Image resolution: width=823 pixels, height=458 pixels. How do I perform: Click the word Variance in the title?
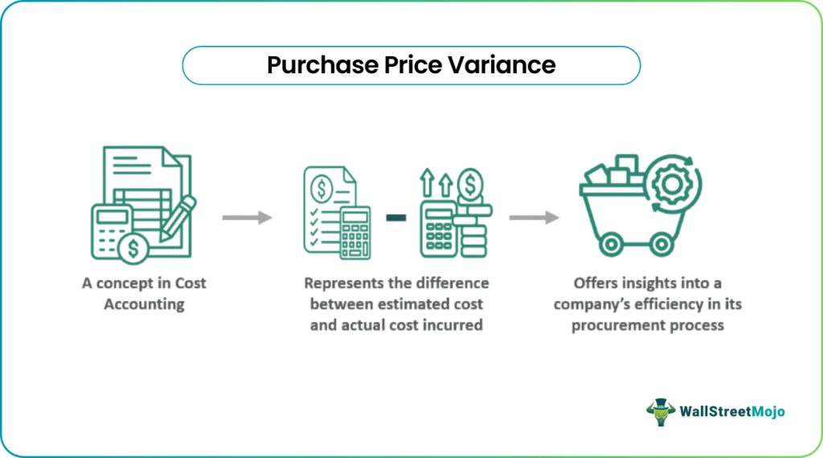502,65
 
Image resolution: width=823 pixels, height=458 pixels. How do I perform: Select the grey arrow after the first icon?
248,217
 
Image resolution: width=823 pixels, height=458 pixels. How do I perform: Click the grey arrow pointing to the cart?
534,217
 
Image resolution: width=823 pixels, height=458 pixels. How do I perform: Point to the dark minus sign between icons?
396,217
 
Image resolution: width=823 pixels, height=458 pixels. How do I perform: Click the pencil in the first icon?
178,217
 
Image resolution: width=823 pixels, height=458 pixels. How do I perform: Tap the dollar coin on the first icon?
133,248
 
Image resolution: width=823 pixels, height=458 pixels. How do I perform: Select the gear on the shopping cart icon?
673,184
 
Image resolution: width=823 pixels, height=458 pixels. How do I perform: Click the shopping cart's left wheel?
612,245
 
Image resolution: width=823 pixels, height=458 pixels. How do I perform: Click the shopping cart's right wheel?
661,245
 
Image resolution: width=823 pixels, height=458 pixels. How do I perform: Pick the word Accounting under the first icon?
145,304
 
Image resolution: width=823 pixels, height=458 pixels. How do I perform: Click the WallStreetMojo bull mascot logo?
661,412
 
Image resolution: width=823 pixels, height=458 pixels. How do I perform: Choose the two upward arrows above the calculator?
436,183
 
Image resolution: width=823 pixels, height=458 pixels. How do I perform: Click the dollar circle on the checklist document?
321,188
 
